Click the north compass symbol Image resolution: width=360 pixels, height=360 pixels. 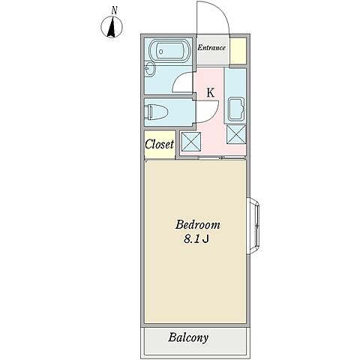[x=112, y=27]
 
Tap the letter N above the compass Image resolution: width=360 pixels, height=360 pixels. [x=115, y=10]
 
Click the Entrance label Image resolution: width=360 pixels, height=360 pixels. [x=211, y=48]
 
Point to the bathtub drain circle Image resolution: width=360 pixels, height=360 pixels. [x=161, y=52]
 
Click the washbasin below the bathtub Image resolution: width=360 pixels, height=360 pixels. [x=150, y=68]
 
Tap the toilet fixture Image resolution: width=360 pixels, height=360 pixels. [x=157, y=112]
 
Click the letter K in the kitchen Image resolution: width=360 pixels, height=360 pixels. [x=211, y=93]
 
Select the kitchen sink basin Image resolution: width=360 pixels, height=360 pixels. [x=236, y=109]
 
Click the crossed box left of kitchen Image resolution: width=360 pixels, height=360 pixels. [x=191, y=142]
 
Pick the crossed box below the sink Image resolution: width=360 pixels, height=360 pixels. [x=236, y=134]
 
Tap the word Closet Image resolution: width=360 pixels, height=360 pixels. [x=159, y=144]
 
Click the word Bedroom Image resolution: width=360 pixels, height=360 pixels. [x=197, y=224]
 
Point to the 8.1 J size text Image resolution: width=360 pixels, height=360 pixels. [x=196, y=239]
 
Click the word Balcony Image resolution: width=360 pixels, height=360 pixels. [x=188, y=337]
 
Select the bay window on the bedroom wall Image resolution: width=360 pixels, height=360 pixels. [x=253, y=226]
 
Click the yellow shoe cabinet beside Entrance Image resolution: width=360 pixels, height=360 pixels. [x=238, y=51]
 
